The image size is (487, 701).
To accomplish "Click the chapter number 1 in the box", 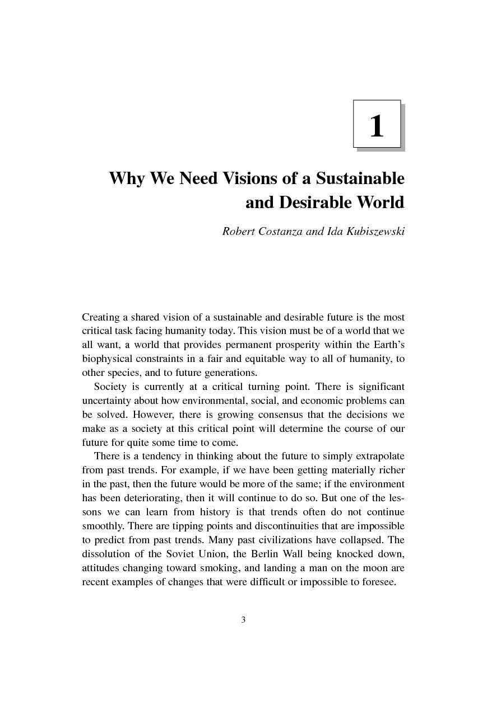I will [x=377, y=126].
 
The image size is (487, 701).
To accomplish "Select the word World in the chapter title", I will [x=378, y=202].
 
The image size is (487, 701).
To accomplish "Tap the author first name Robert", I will [x=239, y=231].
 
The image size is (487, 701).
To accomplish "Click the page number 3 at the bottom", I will [x=244, y=619].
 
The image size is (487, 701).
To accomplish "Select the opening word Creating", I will [x=101, y=317].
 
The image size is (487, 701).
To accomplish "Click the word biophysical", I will [x=106, y=359].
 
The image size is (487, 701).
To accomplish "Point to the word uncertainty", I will [x=106, y=401].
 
